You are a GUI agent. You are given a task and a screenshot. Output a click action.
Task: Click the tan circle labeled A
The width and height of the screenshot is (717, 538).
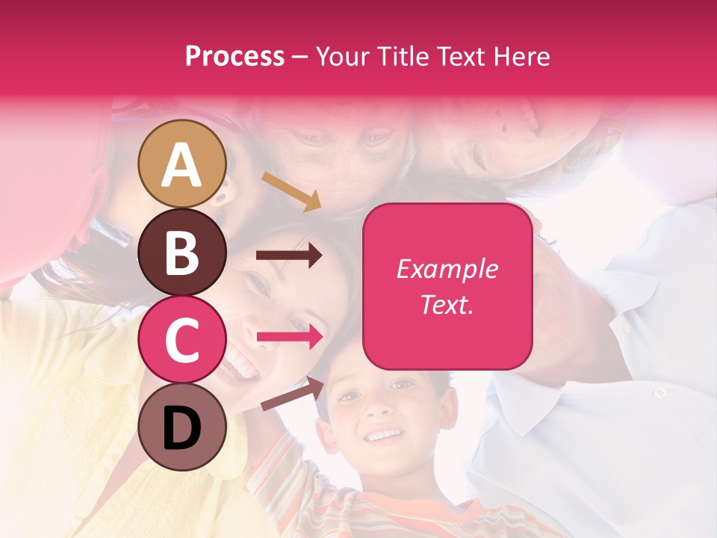point(182,164)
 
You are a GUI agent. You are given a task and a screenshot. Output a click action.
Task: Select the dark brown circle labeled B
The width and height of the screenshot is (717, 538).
point(182,253)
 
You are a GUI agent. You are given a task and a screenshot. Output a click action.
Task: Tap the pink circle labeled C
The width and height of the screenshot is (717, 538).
point(182,340)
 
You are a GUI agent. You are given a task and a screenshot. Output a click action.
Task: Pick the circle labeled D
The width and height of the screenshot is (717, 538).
point(182,427)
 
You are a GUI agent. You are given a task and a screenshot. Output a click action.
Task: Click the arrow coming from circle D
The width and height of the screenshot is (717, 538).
point(292,395)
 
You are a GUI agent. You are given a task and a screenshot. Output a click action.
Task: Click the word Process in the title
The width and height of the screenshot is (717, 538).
point(235,57)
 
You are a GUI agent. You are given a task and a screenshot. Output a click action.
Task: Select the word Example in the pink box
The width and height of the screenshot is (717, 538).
point(447,269)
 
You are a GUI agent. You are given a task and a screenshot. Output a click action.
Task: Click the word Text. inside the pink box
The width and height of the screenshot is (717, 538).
point(447,305)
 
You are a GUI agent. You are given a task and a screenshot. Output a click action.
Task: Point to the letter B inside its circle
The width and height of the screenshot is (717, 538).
point(182,253)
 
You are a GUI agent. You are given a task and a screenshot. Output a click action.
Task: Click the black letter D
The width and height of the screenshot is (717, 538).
point(182,428)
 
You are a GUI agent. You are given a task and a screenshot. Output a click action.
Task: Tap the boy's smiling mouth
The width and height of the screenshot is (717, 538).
point(385,435)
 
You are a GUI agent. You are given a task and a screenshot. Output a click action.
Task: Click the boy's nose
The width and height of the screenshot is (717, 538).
point(381,409)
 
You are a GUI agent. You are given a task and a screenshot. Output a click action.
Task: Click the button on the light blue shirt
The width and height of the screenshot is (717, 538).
point(659,393)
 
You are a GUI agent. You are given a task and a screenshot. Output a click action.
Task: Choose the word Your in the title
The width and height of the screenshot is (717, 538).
point(343,57)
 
